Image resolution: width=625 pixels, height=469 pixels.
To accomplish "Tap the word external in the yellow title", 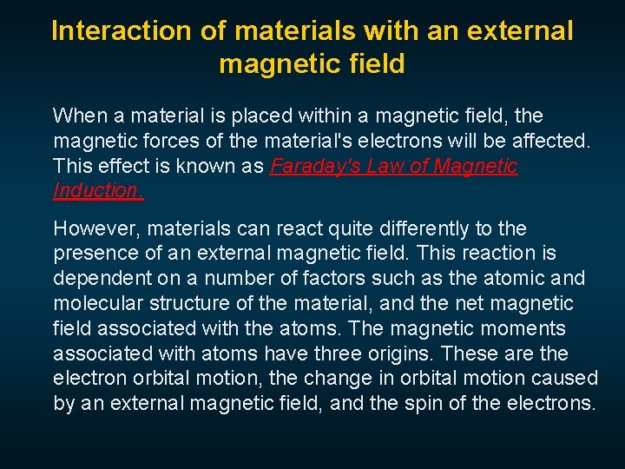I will (x=521, y=31).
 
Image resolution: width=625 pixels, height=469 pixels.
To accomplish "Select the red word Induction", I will (x=98, y=191).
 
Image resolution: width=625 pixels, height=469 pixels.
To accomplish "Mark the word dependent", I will (x=97, y=279).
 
